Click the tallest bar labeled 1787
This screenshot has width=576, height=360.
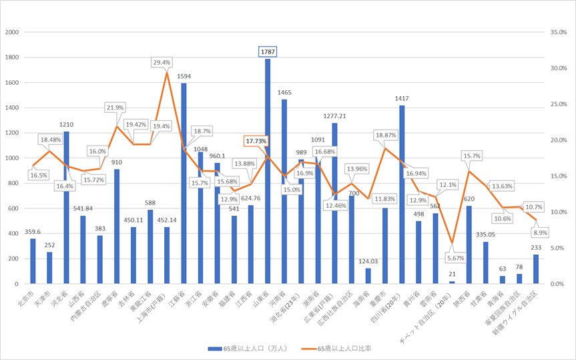268,171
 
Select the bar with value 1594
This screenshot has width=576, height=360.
184,183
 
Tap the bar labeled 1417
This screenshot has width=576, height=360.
402,194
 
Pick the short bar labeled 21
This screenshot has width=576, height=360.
452,282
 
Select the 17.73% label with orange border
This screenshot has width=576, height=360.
256,141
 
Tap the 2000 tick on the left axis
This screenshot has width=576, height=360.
13,32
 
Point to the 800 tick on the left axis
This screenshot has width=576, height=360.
15,183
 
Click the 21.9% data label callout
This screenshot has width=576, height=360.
115,108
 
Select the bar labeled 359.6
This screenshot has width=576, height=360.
33,261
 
